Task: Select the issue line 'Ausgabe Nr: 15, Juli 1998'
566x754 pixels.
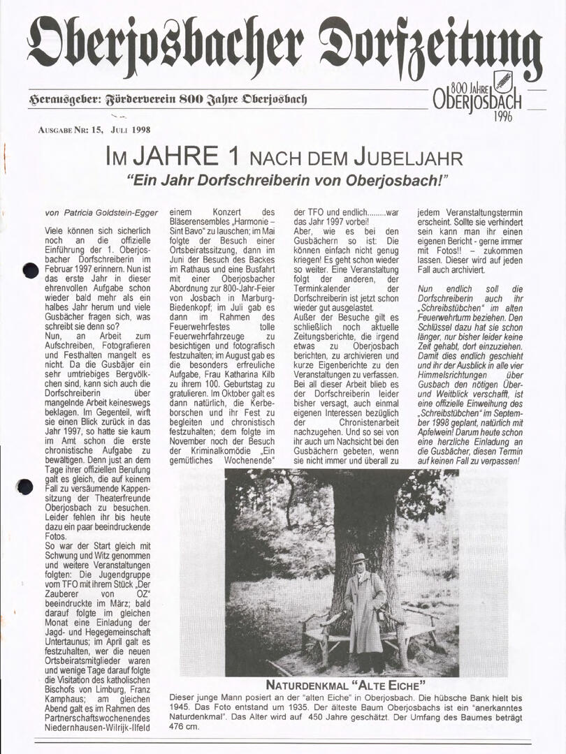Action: (94, 130)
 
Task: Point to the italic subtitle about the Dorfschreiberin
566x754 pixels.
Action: (286, 180)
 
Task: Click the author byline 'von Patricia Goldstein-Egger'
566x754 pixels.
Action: (101, 212)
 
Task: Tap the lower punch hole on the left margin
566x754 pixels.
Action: (26, 487)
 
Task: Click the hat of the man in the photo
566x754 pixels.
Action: (360, 558)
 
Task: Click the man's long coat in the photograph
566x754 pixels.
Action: (363, 614)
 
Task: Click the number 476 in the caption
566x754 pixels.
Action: (180, 726)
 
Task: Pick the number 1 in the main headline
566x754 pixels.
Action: (232, 156)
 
